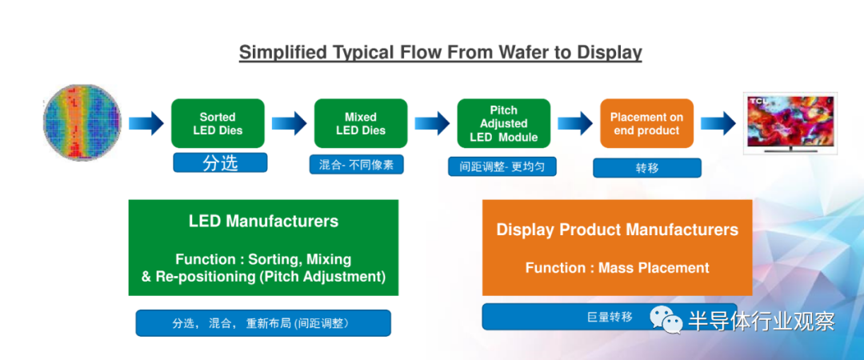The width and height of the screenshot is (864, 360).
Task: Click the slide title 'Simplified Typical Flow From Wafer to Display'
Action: [440, 52]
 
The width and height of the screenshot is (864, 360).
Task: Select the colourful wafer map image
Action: [82, 122]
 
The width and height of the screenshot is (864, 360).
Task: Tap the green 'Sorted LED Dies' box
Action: [218, 123]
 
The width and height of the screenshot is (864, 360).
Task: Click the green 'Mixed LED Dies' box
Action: [361, 123]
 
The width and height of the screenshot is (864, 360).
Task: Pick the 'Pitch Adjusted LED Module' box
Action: [504, 123]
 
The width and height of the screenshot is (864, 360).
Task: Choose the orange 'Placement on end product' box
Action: [646, 123]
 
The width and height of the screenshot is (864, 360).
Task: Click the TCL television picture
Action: [790, 123]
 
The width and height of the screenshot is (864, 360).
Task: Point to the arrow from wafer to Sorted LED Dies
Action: [146, 123]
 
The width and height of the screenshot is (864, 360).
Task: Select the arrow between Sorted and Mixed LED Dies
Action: [290, 123]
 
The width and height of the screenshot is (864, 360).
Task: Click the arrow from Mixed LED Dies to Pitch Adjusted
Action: [433, 123]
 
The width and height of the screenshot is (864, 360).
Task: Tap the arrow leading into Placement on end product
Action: [575, 123]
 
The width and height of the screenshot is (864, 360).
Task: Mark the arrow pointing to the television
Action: [718, 123]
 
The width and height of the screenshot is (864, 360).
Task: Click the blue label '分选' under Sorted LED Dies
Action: [221, 162]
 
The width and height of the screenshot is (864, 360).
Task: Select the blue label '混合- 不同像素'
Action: [357, 164]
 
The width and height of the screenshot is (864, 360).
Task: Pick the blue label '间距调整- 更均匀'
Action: [502, 166]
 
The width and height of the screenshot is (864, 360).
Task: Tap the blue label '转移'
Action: [647, 168]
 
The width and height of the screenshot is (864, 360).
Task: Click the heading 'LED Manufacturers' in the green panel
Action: [263, 222]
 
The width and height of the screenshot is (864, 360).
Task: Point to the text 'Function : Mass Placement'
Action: [617, 268]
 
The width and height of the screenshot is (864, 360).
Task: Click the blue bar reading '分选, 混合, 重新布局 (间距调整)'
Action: [263, 323]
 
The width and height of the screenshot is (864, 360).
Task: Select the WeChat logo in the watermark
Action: [666, 319]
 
